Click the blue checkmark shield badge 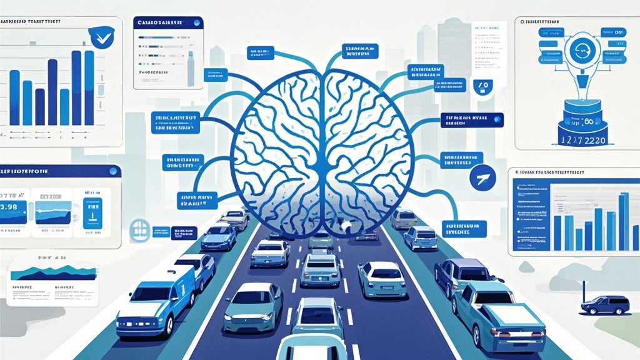click(x=99, y=37)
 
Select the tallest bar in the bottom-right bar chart click(x=623, y=222)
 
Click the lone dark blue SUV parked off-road click(x=605, y=304)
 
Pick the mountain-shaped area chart click(x=53, y=272)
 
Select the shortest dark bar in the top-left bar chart click(x=40, y=106)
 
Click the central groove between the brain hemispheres click(x=321, y=144)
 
